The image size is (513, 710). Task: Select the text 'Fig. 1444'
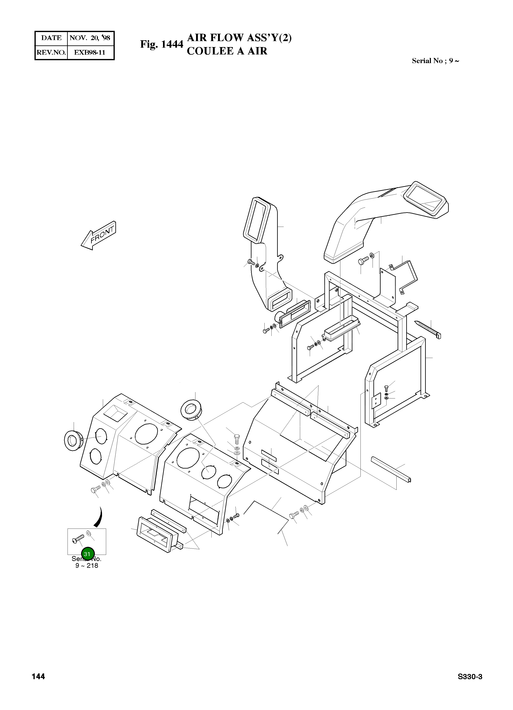coord(161,44)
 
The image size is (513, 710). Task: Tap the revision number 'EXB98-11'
coord(90,52)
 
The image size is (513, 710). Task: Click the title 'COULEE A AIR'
coord(227,51)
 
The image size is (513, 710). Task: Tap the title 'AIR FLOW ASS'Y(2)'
coord(239,38)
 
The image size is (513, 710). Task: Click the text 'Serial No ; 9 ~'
coord(435,61)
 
